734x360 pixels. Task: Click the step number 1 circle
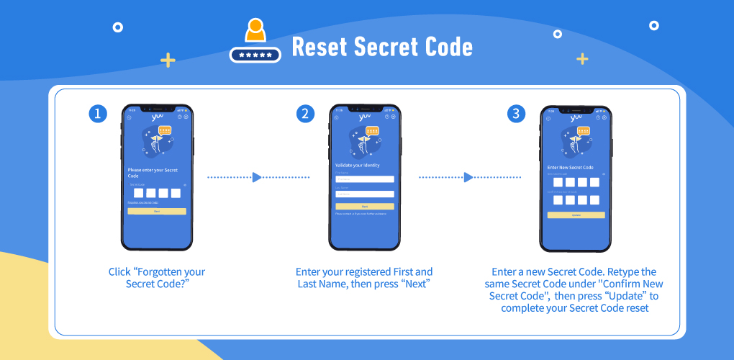(x=99, y=114)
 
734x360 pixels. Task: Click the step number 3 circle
(x=516, y=114)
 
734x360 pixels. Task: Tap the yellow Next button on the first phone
(x=157, y=212)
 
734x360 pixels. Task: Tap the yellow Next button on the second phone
(x=365, y=206)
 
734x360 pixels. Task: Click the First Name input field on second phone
(x=365, y=179)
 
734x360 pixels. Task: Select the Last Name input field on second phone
(x=365, y=194)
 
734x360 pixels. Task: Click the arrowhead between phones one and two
(x=257, y=177)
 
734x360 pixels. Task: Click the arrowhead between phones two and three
(x=468, y=177)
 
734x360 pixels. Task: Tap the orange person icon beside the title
(x=255, y=30)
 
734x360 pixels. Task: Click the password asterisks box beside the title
(x=255, y=55)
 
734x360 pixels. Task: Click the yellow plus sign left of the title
(x=168, y=60)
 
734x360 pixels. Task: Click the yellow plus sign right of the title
(x=582, y=58)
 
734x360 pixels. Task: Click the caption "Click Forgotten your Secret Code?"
(x=157, y=278)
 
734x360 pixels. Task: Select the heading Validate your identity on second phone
(x=358, y=165)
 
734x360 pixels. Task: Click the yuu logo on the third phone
(x=576, y=118)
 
